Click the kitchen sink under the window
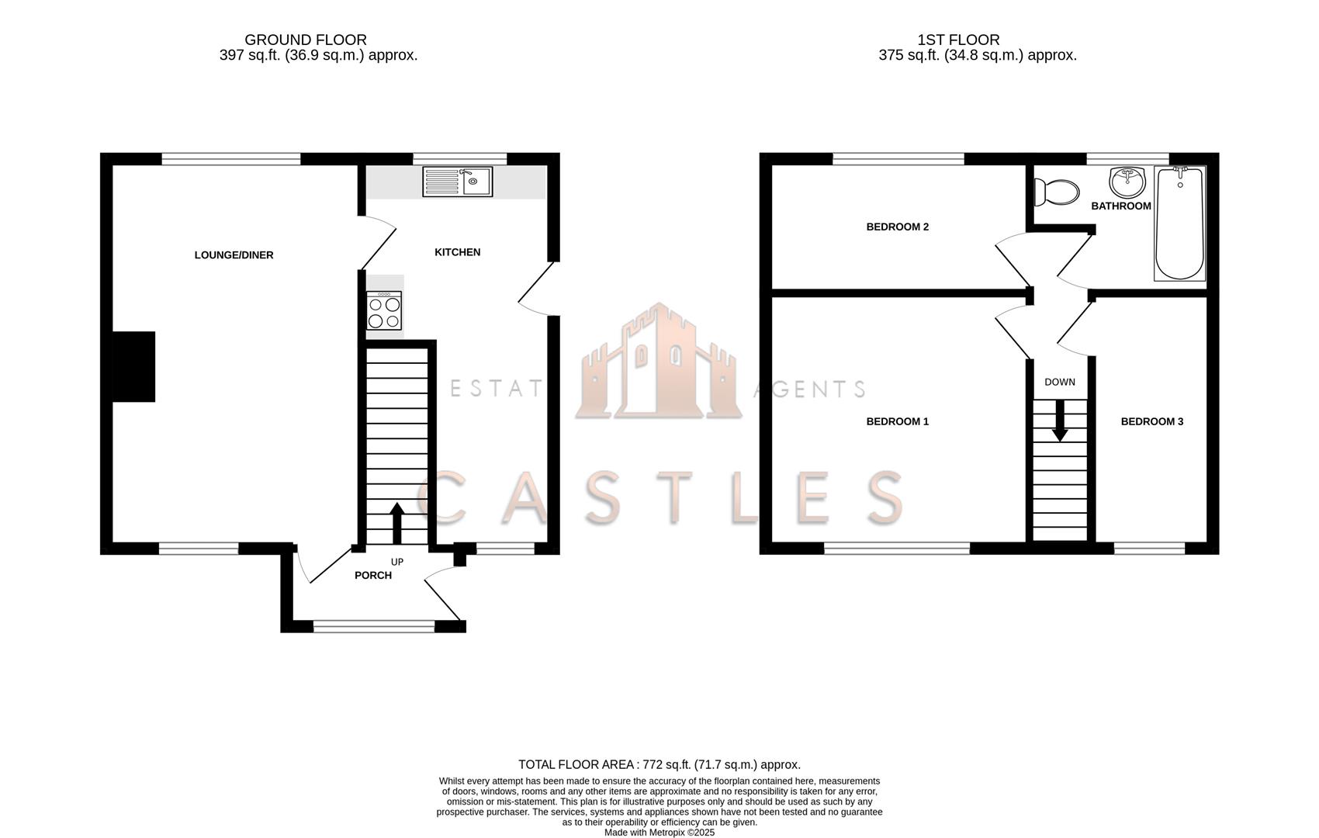click(457, 182)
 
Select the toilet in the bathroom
click(1058, 191)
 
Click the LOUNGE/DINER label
click(234, 255)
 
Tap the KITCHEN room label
click(457, 252)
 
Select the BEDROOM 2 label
click(897, 227)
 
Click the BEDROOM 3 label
click(1151, 422)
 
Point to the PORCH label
click(373, 576)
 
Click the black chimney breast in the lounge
click(133, 367)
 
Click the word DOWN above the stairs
click(1059, 382)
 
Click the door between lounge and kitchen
click(378, 243)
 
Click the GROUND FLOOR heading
click(305, 40)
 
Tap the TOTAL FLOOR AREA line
click(659, 764)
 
